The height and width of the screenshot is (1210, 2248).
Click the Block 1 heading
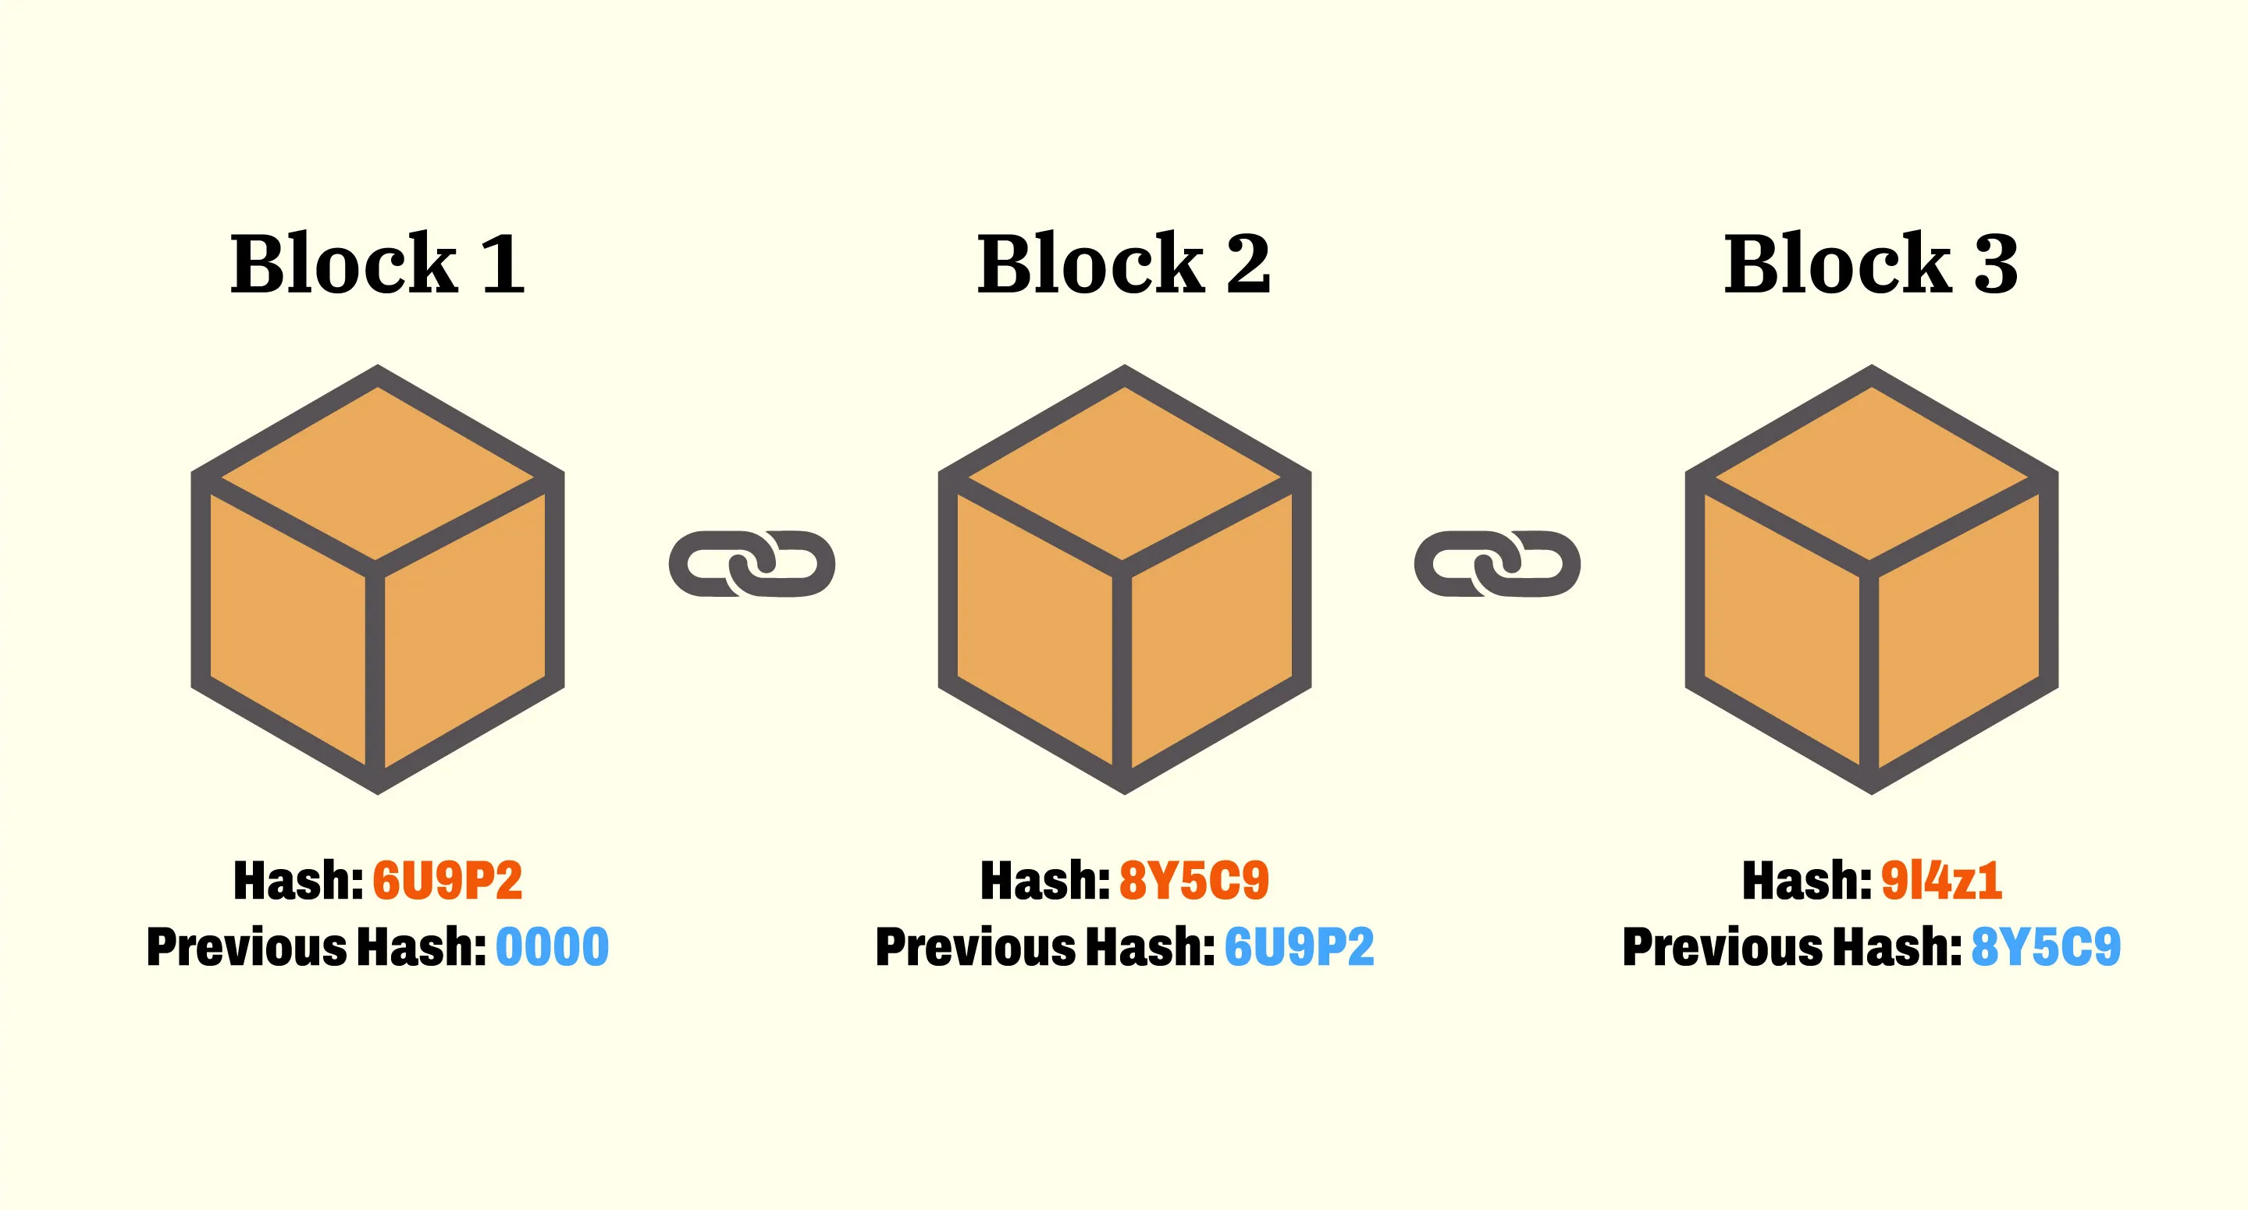coord(377,264)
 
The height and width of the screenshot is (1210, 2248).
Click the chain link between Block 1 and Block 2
coord(752,563)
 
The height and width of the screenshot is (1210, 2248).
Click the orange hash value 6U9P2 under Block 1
coord(448,880)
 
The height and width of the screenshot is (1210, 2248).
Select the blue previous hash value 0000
coord(553,947)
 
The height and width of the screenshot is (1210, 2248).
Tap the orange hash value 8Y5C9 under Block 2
coord(1193,880)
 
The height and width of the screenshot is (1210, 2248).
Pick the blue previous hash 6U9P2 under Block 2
coord(1300,947)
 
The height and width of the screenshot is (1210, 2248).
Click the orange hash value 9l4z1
coord(1940,880)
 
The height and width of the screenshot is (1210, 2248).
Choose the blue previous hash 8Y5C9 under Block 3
coord(2046,947)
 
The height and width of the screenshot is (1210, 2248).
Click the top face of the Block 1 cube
coord(377,471)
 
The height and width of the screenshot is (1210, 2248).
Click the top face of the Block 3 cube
coord(1871,471)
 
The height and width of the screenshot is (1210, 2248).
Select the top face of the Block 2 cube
coord(1124,471)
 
